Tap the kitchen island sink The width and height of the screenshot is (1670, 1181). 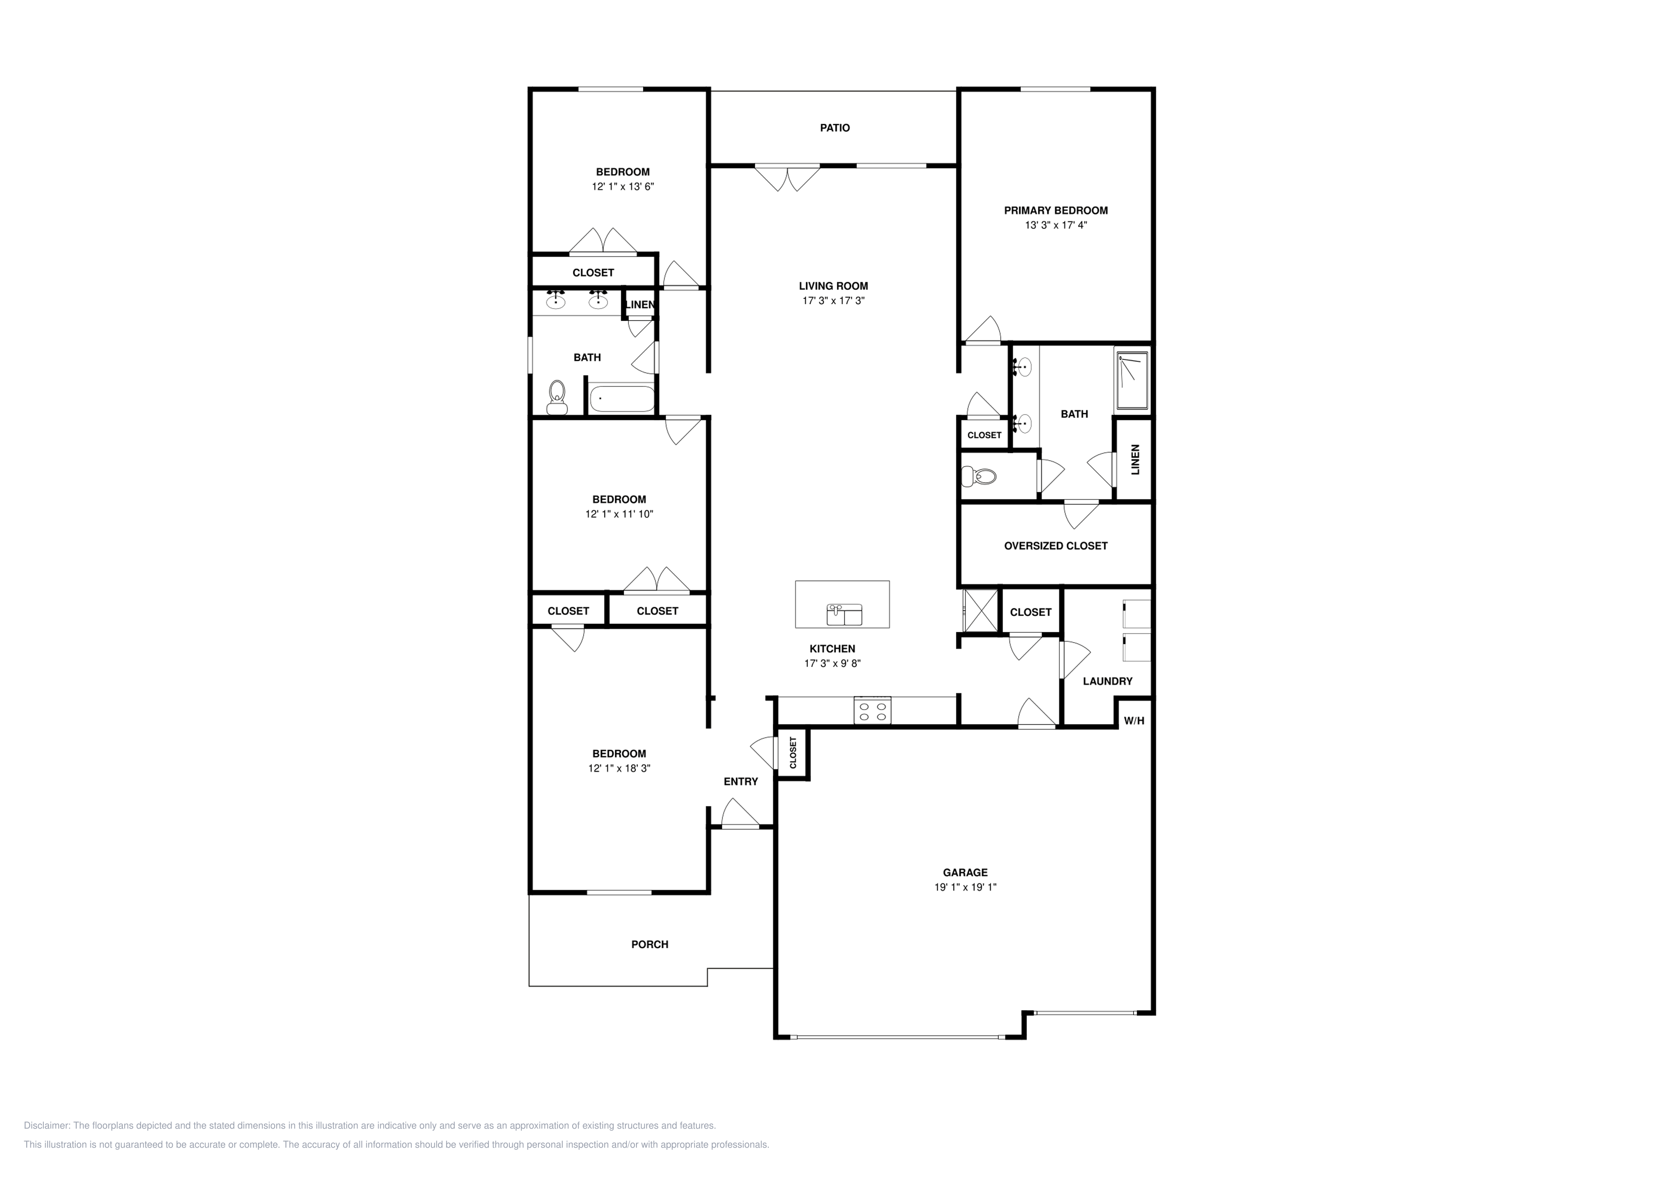844,615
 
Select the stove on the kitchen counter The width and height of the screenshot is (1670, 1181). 872,711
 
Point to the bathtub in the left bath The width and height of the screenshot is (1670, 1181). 622,399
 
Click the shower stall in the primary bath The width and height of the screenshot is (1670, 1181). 1132,380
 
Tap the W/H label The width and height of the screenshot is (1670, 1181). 1134,721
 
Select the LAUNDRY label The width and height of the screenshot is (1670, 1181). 1107,681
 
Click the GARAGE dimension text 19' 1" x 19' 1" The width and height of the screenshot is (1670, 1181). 965,887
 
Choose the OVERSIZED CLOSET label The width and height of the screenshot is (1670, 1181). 1055,546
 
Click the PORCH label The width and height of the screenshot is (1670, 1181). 649,944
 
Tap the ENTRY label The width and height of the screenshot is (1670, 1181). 740,782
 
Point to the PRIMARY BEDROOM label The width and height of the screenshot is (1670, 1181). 1055,211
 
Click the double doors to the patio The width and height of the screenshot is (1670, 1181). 787,177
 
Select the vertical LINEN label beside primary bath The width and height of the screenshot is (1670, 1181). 1135,460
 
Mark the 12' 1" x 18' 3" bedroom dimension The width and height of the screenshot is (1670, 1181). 619,769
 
